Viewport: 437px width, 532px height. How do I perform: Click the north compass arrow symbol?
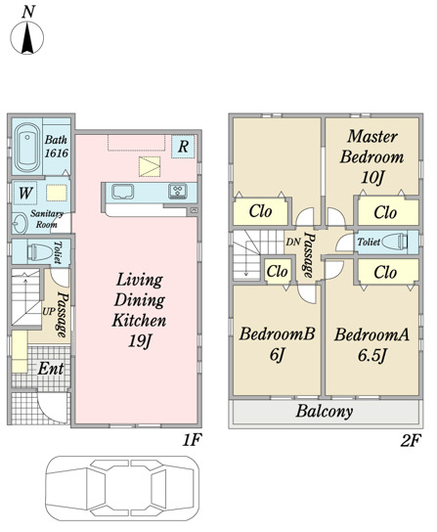pos(27,37)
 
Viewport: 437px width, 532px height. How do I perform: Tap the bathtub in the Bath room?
pos(27,148)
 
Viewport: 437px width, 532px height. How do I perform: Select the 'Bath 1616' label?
pos(57,147)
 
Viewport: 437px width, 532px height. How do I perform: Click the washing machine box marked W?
pos(25,193)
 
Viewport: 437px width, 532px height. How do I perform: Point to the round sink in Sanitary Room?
pos(20,223)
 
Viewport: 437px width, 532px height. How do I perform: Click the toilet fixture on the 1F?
pos(40,252)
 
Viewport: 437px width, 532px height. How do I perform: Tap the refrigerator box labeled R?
pos(183,147)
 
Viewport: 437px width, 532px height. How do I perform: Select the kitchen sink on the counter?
pos(122,192)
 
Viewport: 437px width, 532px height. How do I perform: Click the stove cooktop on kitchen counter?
pos(178,191)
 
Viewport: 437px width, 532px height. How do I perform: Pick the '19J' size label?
pos(140,340)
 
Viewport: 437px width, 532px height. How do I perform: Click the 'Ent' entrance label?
pos(51,369)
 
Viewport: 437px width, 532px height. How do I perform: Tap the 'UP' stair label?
pos(49,311)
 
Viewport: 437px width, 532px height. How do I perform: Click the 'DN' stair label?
pos(293,242)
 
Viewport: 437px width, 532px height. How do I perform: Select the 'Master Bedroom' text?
pos(372,147)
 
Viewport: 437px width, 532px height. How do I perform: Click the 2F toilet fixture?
pos(395,242)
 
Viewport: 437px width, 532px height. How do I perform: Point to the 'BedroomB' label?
pos(278,333)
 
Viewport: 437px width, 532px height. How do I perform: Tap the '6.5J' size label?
pos(372,355)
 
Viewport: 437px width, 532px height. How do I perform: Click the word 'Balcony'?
pos(325,412)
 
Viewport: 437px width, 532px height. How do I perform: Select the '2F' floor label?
pos(411,441)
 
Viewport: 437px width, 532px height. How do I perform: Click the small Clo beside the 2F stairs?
pos(278,271)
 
